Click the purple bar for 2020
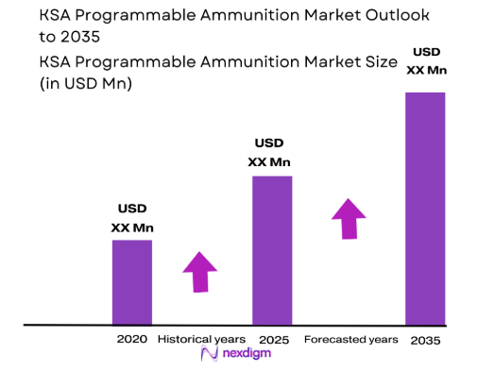132,281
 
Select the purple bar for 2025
271,249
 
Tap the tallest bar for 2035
425,208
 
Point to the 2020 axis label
132,338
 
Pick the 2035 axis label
425,339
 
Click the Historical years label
201,338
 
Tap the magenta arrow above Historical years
200,272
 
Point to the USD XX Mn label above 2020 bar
132,218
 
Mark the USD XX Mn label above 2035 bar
425,59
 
